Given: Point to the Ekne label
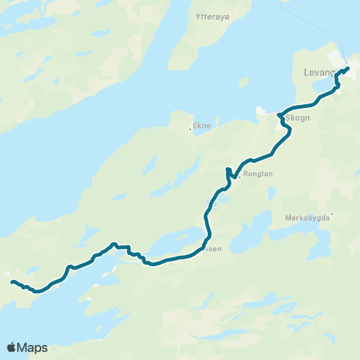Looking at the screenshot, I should (203, 127).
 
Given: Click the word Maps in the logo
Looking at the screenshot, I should (34, 347).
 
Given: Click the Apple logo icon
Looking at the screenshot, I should (11, 346).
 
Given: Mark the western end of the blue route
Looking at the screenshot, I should (12, 282).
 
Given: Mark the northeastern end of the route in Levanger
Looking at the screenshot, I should (349, 68).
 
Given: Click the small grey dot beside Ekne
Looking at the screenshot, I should (190, 129).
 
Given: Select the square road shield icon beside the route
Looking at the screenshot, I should (211, 202).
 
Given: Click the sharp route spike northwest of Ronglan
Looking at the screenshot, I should (228, 169).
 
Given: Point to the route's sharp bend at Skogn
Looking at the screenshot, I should (278, 115).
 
